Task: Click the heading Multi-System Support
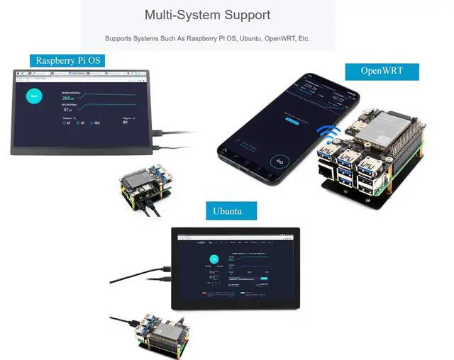coord(207,15)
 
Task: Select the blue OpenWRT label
coord(382,71)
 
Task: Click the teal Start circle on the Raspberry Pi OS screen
coord(33,96)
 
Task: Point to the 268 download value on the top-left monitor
coord(70,99)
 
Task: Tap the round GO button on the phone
coord(279,162)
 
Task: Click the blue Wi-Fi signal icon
coord(328,135)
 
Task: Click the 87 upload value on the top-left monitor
coord(68,110)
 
